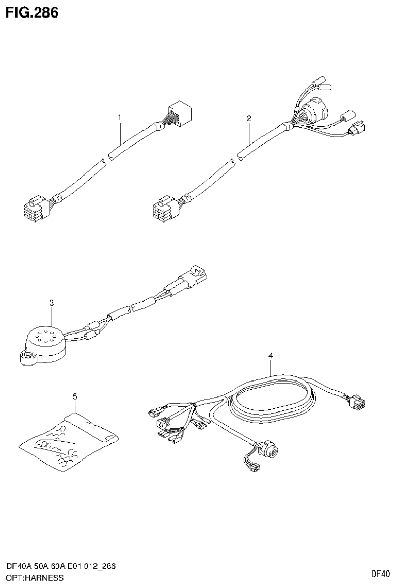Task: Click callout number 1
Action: (119, 118)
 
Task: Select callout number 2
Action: (249, 118)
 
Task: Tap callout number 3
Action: (52, 303)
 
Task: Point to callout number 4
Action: (270, 356)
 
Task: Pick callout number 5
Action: (75, 396)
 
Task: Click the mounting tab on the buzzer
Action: (25, 356)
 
